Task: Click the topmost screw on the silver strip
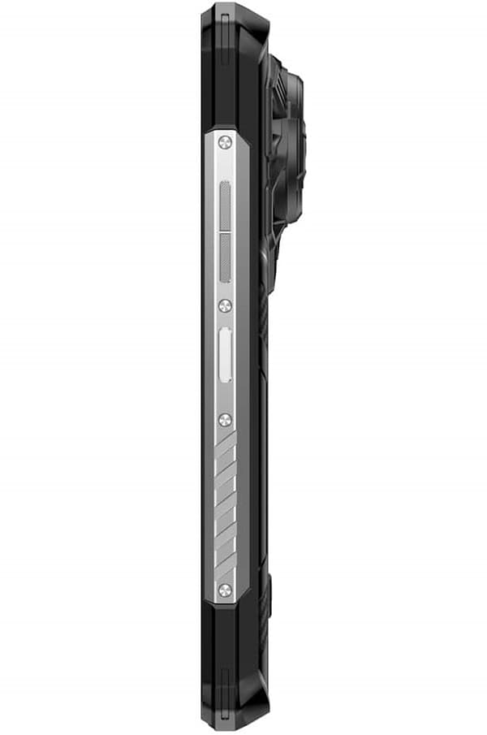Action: coord(225,142)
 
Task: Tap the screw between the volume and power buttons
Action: coord(225,305)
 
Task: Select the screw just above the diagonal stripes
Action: coord(225,419)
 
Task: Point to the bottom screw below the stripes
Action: coord(225,588)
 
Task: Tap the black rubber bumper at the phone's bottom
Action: coord(231,666)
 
